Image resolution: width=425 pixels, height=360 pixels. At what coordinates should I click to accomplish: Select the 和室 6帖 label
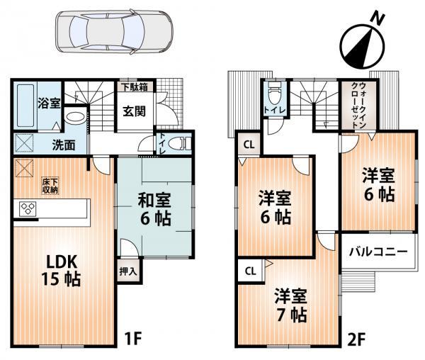point(153,210)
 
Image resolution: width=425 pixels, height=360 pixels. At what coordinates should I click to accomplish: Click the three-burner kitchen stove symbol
point(29,209)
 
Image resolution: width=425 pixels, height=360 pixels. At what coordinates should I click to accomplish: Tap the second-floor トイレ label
point(271,111)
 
